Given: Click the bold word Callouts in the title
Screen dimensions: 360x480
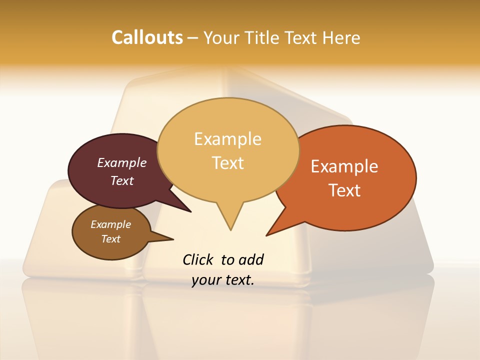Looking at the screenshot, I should [147, 37].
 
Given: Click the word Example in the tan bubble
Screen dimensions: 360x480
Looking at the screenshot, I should [227, 139].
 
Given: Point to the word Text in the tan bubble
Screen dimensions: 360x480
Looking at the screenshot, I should [227, 163].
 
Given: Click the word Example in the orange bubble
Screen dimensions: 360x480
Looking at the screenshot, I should [344, 166].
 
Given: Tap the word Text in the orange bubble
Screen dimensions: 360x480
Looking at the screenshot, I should [344, 190].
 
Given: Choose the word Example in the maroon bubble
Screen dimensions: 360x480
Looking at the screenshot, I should [122, 162].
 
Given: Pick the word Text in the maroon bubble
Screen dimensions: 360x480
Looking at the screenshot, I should [122, 180].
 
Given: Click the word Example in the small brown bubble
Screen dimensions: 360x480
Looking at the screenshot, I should [110, 224].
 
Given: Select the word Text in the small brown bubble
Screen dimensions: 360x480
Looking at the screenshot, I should [110, 239].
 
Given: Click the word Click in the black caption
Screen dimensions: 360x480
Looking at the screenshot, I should [198, 259].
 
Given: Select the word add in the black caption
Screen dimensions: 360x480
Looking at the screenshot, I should [251, 259].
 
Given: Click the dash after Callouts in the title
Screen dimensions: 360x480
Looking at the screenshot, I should [193, 37].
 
